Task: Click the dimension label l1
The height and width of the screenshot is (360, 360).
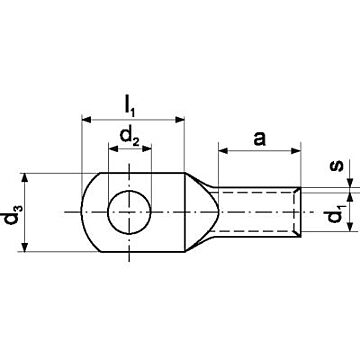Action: click(x=129, y=106)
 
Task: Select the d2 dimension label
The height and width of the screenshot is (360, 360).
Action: click(x=130, y=137)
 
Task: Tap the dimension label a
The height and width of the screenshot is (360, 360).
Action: click(x=260, y=139)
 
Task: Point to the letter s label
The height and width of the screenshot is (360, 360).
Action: click(x=338, y=165)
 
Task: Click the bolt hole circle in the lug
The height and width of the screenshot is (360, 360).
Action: click(x=129, y=212)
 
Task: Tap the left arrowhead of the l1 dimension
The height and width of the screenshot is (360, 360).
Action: click(x=86, y=119)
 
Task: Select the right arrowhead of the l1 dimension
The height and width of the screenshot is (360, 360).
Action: click(x=180, y=119)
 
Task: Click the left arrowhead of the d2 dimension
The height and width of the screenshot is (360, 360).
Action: click(x=113, y=149)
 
